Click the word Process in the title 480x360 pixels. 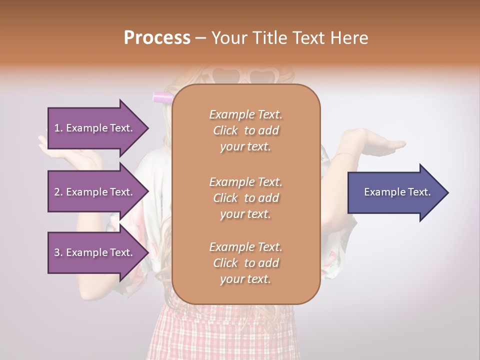[157, 38]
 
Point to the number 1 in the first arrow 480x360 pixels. [56, 128]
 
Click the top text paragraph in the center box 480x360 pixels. [245, 130]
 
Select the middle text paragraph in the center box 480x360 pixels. [245, 198]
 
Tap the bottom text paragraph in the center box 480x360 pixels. [245, 263]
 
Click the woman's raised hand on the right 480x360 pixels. [380, 146]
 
